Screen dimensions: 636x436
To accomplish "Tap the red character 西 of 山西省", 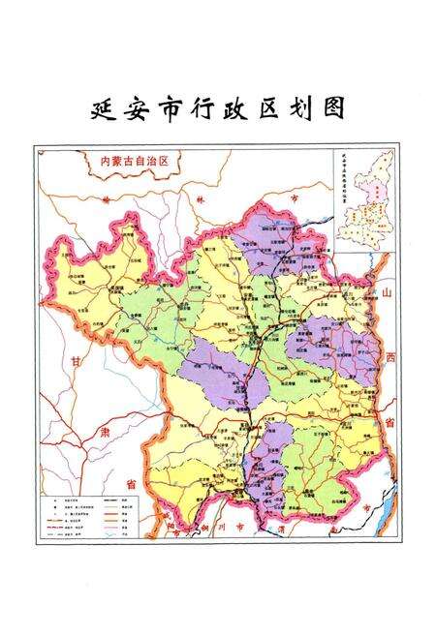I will [x=389, y=357].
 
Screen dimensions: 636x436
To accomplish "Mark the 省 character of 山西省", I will [x=390, y=422].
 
